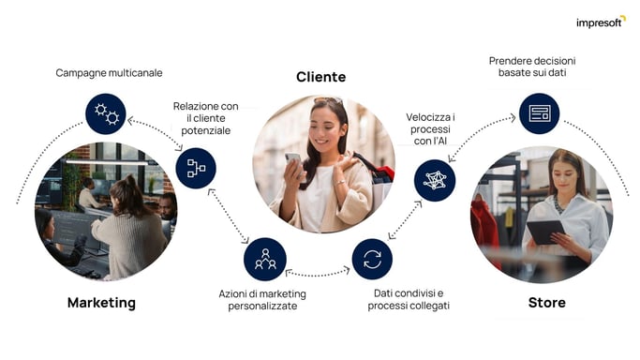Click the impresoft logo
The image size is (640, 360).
(x=600, y=22)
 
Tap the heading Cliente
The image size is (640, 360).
(x=320, y=77)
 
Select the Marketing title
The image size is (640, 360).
(x=101, y=303)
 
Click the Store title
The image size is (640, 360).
(x=546, y=303)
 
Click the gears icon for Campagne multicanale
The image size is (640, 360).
(x=106, y=114)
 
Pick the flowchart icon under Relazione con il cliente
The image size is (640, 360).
(x=196, y=168)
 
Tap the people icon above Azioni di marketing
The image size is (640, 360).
(x=265, y=259)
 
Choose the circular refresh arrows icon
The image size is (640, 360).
(x=372, y=259)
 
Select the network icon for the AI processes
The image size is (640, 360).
(x=435, y=180)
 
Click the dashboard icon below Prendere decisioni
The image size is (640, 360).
(x=539, y=113)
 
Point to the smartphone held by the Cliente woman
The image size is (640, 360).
(x=293, y=159)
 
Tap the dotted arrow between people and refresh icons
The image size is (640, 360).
(x=319, y=273)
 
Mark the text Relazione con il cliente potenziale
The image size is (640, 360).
(x=206, y=118)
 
